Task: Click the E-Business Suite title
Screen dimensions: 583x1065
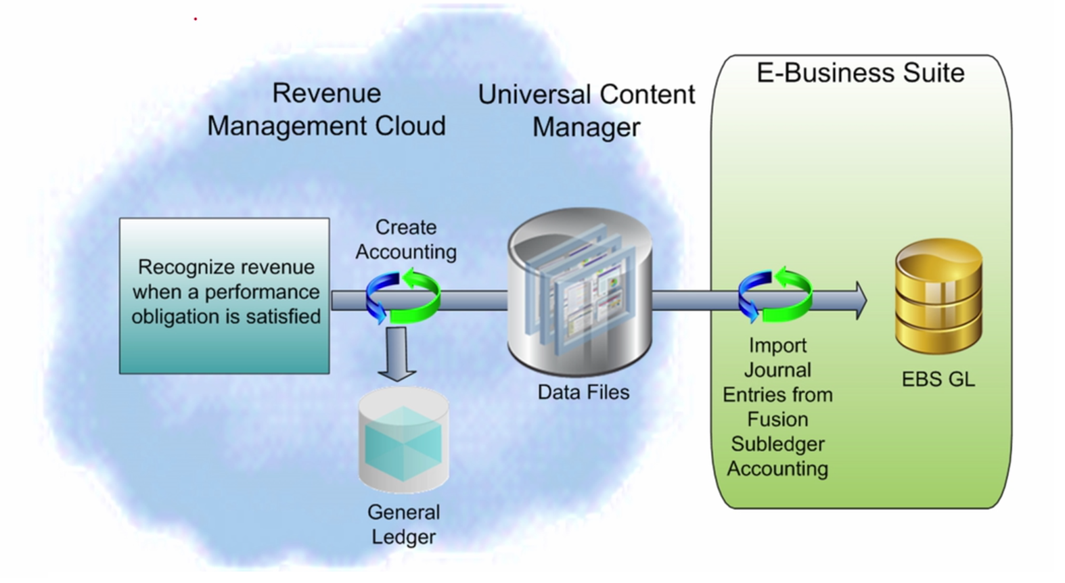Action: [860, 73]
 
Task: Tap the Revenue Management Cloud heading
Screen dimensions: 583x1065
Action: [326, 110]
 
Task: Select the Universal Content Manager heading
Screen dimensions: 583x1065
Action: [586, 110]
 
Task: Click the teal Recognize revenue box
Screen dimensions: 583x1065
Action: [224, 296]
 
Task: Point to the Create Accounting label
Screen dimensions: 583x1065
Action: [406, 239]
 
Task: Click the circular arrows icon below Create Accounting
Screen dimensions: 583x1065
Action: [403, 296]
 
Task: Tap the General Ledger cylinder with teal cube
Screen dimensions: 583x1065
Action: [403, 440]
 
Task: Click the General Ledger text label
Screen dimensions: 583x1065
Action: [403, 524]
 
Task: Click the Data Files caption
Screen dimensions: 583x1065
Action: [583, 392]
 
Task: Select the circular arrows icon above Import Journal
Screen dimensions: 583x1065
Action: [775, 296]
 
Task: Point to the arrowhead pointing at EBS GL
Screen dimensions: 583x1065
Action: [859, 300]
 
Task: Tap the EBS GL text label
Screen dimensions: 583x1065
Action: [938, 379]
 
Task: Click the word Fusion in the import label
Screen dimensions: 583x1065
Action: [777, 419]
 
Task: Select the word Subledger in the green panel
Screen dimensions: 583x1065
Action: [777, 444]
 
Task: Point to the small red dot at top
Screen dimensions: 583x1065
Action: [196, 19]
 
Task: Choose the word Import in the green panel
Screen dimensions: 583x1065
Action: [777, 346]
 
